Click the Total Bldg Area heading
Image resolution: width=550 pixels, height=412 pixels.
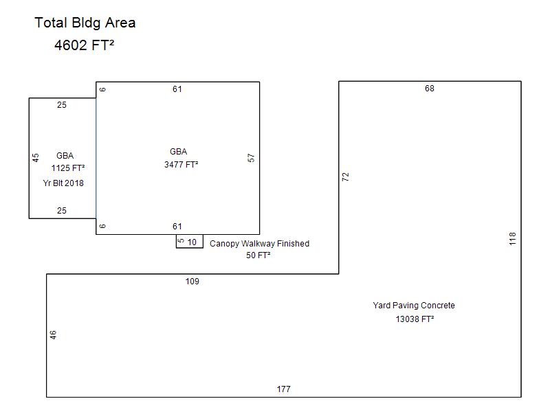85,23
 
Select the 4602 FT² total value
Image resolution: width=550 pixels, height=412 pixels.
84,45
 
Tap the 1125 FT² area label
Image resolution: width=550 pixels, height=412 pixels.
68,168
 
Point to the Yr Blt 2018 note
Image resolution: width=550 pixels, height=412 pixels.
63,183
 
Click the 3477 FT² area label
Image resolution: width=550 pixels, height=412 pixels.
181,165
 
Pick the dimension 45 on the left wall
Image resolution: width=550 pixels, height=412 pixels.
36,158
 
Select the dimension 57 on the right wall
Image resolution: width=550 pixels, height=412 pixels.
251,158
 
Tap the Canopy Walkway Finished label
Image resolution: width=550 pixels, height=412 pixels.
260,244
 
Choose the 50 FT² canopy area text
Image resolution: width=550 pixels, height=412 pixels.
258,255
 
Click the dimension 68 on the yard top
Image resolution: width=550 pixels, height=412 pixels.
429,89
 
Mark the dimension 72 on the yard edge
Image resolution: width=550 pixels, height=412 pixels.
346,176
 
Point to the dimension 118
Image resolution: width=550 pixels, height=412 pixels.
512,238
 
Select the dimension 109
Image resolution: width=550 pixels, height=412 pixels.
192,282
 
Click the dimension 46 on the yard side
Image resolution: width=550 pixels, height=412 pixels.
53,335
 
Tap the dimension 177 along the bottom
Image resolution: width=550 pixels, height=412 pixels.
283,389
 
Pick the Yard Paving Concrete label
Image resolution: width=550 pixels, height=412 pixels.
414,306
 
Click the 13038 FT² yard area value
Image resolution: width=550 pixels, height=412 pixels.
415,319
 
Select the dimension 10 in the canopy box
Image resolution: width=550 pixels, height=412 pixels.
192,242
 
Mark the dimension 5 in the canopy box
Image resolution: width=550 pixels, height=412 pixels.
181,241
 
